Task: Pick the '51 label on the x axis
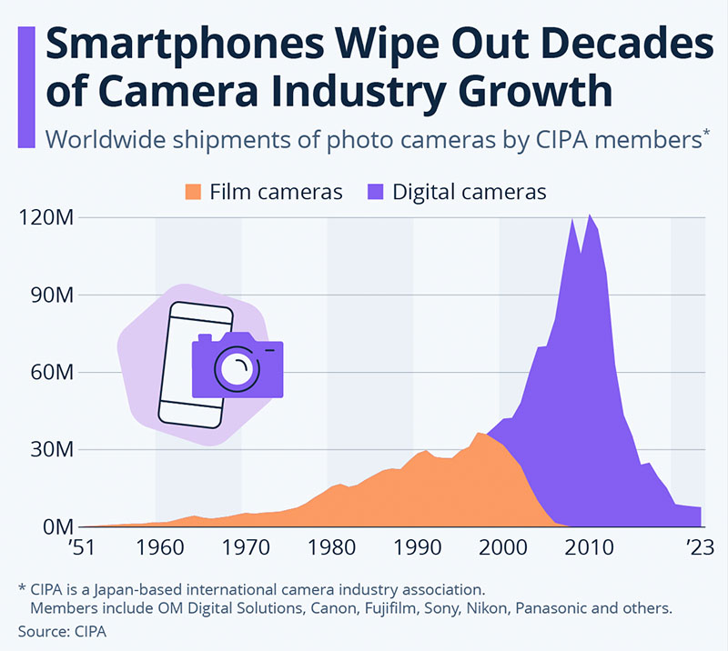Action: point(83,548)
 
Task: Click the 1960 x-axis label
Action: point(157,548)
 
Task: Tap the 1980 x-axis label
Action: point(329,548)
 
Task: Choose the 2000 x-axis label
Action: point(500,548)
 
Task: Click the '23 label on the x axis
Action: point(700,548)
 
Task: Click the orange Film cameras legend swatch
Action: point(192,193)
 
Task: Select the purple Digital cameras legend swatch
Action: point(375,193)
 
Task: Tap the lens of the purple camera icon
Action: point(237,368)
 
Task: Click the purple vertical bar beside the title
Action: point(26,86)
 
